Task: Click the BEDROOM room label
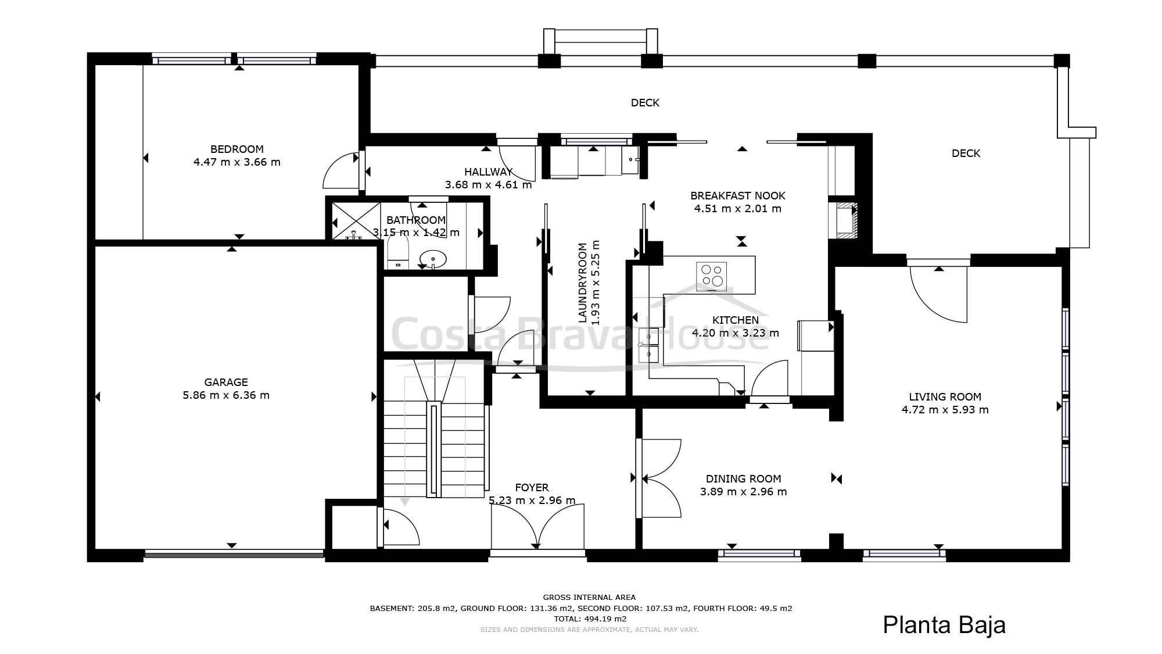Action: (237, 149)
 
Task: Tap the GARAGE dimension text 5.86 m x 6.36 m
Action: (226, 395)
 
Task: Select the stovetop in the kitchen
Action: (712, 276)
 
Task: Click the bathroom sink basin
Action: (433, 259)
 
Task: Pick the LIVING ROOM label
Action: (945, 397)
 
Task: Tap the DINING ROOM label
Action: (743, 479)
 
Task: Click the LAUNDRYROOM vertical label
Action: (582, 282)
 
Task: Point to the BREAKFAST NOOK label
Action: (738, 196)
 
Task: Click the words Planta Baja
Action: (944, 625)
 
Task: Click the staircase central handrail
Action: (434, 449)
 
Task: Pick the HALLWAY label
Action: (489, 172)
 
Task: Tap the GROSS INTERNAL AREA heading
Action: (589, 597)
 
